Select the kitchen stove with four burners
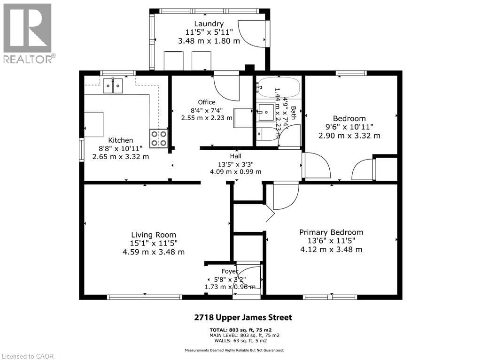(159, 138)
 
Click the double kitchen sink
(113, 85)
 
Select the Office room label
(207, 102)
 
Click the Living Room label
(153, 235)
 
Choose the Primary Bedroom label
(331, 232)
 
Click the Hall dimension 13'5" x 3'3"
(235, 164)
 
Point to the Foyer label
(230, 271)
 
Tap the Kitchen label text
(121, 140)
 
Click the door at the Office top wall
(227, 87)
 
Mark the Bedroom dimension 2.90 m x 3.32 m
(349, 136)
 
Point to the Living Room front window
(144, 297)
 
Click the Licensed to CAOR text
(28, 356)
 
